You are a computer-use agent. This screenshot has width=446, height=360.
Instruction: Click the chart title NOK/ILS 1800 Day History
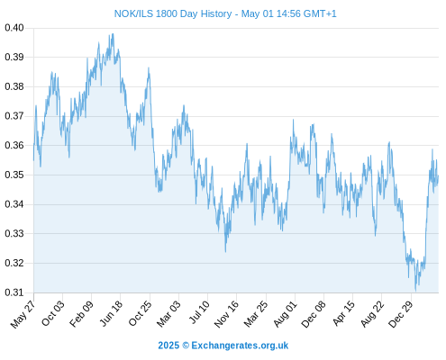point(173,13)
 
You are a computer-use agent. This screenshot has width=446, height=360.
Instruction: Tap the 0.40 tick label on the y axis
point(14,28)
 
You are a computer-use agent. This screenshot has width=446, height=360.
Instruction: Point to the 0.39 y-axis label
point(14,57)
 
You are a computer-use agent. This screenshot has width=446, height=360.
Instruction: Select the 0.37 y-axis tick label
point(14,116)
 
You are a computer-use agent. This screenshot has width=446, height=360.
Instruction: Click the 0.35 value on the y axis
point(14,175)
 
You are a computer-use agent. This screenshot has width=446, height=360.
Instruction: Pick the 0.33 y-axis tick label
point(14,233)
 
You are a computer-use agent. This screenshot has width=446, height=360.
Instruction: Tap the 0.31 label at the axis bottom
point(14,292)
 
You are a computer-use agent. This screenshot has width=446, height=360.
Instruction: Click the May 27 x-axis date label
point(23,314)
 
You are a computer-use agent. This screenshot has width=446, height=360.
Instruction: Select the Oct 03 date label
point(52,313)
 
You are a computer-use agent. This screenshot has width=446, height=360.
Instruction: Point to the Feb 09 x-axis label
point(81,314)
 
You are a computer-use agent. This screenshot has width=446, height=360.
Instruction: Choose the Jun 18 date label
point(111,313)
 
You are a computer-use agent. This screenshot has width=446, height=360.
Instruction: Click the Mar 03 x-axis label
point(168,314)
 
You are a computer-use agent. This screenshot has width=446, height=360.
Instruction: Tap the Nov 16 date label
point(226,314)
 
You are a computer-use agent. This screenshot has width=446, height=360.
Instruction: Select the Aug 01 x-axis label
point(285,314)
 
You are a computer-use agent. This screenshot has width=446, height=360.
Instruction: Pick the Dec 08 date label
point(314,314)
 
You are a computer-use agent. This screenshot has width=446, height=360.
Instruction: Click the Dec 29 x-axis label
point(401,314)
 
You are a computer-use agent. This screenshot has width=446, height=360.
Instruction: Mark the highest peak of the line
point(113,33)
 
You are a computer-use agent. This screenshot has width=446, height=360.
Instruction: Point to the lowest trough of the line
point(415,291)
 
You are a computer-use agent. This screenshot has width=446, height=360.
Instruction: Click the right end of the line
point(438,175)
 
